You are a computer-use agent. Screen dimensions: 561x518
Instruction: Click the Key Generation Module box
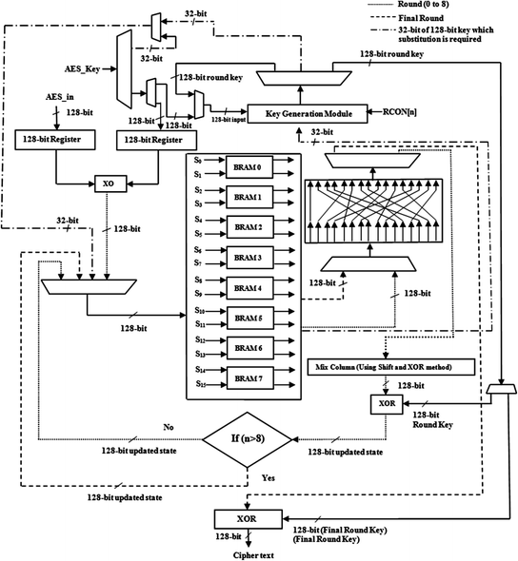[309, 113]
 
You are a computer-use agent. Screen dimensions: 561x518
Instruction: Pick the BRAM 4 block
[246, 286]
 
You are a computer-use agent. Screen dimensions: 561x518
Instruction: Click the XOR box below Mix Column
[387, 403]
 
